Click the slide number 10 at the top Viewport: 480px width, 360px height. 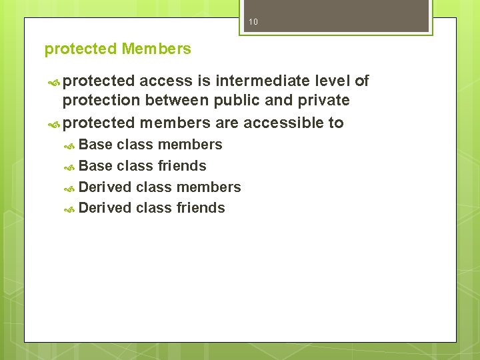click(x=253, y=22)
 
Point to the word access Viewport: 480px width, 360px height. click(x=166, y=81)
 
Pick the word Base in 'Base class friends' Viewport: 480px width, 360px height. click(x=95, y=165)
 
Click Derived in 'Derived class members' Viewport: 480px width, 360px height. click(x=105, y=187)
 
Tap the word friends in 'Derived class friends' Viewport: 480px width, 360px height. click(x=200, y=208)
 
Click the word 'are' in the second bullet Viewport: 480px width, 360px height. click(x=227, y=123)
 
